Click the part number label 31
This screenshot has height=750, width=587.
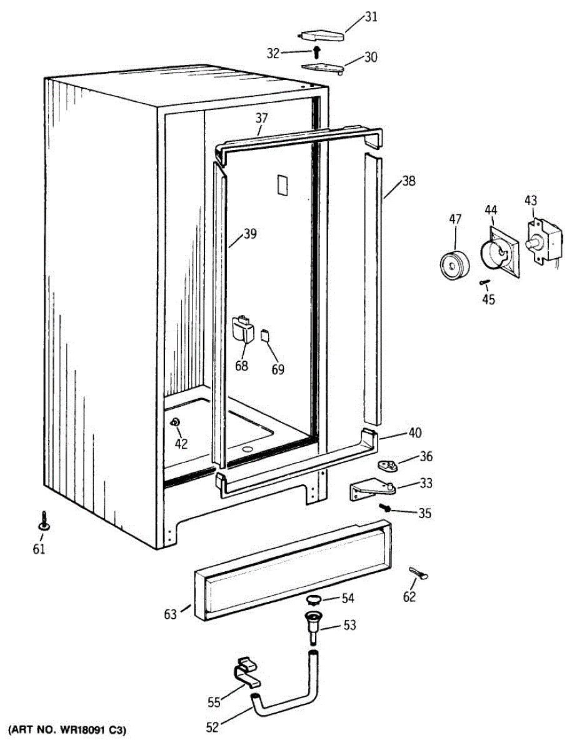(x=371, y=17)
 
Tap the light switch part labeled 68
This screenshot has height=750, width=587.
(x=242, y=329)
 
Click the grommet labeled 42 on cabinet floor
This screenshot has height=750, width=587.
(x=175, y=422)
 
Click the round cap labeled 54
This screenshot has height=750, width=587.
(x=314, y=599)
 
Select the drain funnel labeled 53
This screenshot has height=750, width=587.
(x=312, y=624)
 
